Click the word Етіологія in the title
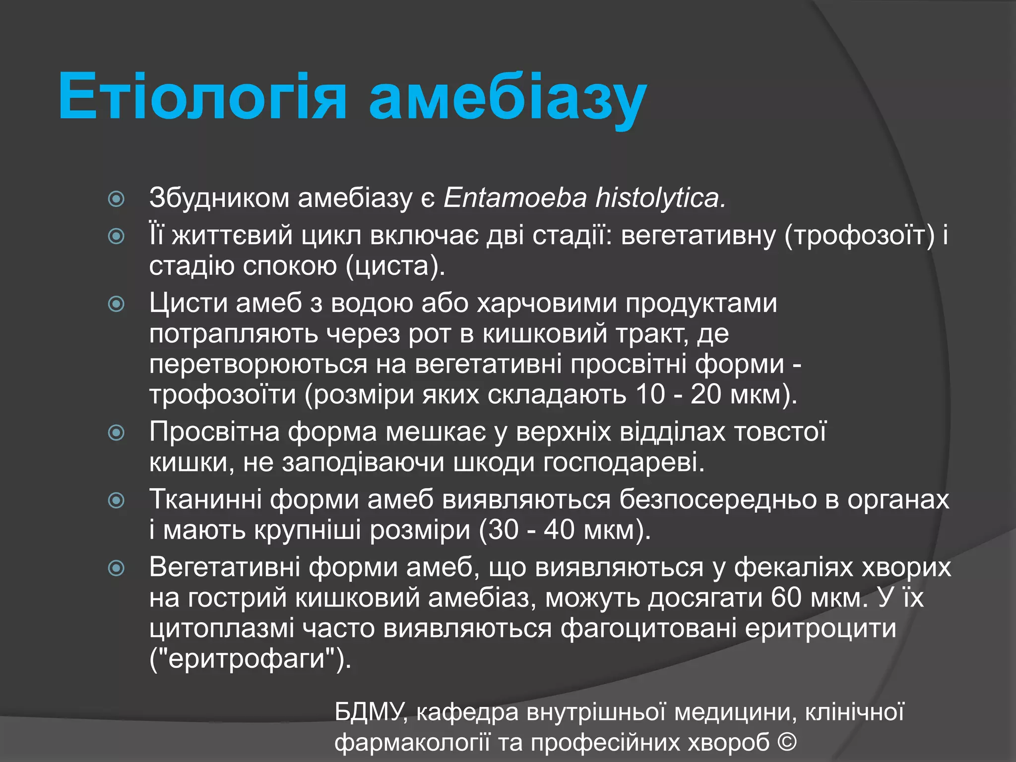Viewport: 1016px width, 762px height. (202, 97)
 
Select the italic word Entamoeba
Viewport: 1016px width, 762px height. (515, 197)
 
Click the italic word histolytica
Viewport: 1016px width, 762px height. (660, 197)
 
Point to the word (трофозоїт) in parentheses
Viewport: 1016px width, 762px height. (859, 235)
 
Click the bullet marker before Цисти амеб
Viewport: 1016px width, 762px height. (116, 304)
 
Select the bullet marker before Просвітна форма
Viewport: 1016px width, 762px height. (116, 433)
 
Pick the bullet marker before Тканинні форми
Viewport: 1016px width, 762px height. (116, 500)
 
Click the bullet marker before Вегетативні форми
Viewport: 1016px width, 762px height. (116, 568)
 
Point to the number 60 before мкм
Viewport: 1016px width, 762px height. (786, 597)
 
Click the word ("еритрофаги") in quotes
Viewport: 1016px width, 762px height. (250, 659)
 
